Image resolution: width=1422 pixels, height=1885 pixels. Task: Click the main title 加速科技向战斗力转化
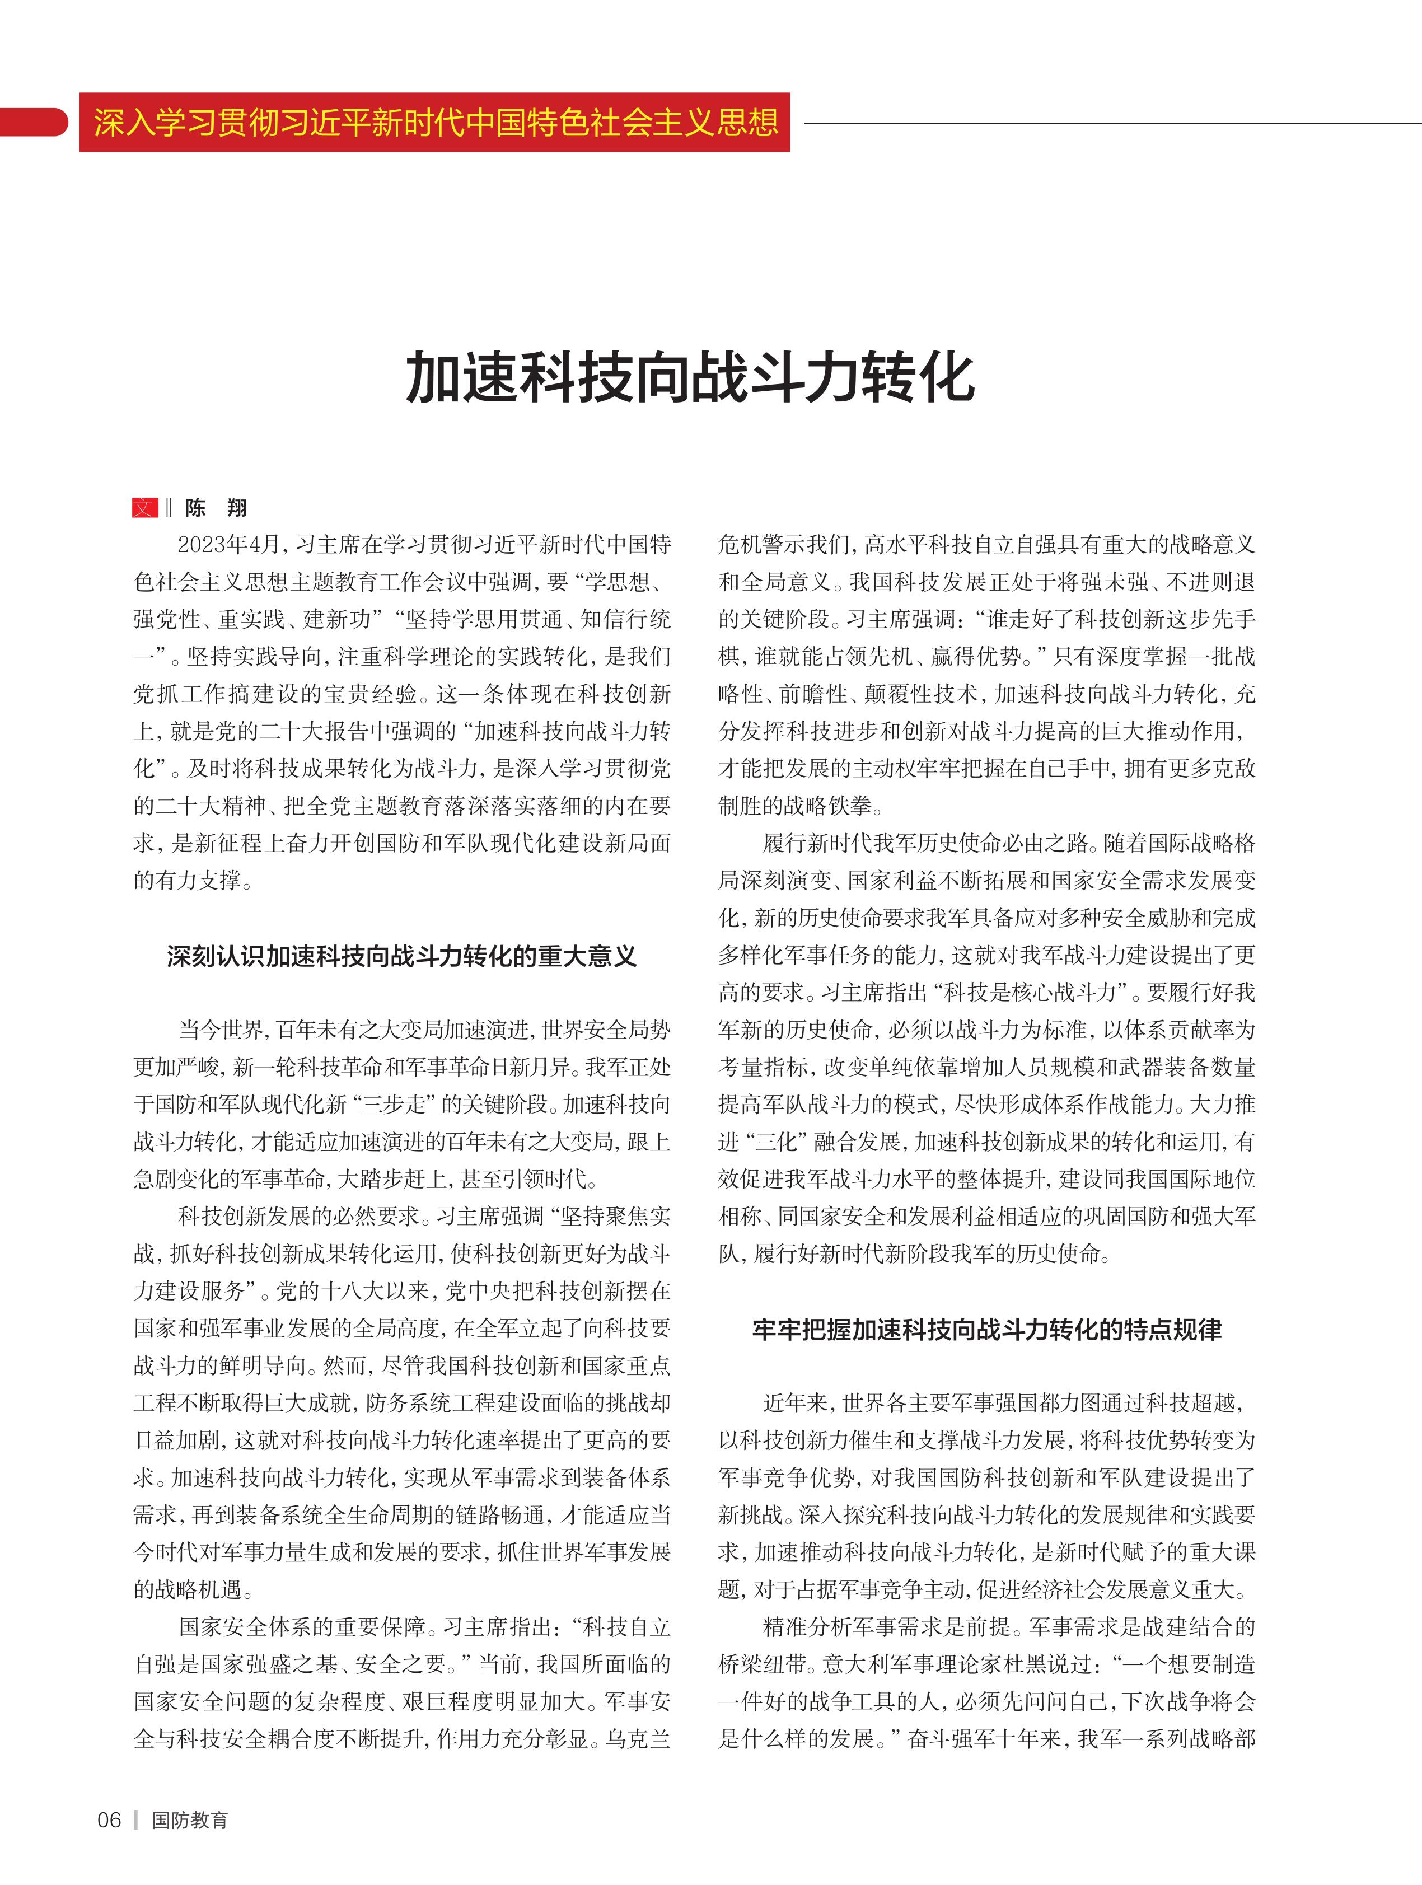point(690,377)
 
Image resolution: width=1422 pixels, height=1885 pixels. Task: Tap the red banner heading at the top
point(434,123)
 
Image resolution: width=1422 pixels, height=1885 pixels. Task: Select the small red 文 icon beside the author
point(145,508)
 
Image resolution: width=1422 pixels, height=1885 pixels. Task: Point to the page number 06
point(109,1820)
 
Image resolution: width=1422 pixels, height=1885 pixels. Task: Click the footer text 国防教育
point(190,1820)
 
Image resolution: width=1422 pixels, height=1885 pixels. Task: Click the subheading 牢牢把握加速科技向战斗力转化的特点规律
point(986,1330)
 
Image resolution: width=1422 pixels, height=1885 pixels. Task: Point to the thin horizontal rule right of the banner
point(1107,124)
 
